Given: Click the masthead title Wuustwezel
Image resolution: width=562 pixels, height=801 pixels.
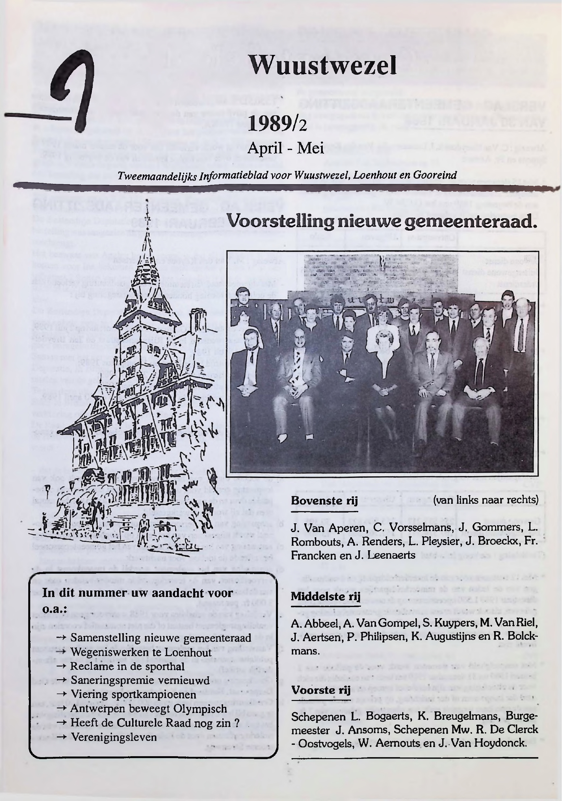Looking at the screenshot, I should click(323, 65).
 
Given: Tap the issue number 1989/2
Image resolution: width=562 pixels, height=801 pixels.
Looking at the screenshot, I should click(277, 124).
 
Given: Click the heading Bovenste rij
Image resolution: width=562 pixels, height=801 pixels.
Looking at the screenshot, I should click(324, 501).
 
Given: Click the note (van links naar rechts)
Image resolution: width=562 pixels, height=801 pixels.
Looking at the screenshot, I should click(486, 500).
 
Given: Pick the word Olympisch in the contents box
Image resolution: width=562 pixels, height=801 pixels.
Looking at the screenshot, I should click(199, 708).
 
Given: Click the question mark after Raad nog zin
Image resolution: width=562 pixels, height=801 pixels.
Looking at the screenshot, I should click(237, 722).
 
